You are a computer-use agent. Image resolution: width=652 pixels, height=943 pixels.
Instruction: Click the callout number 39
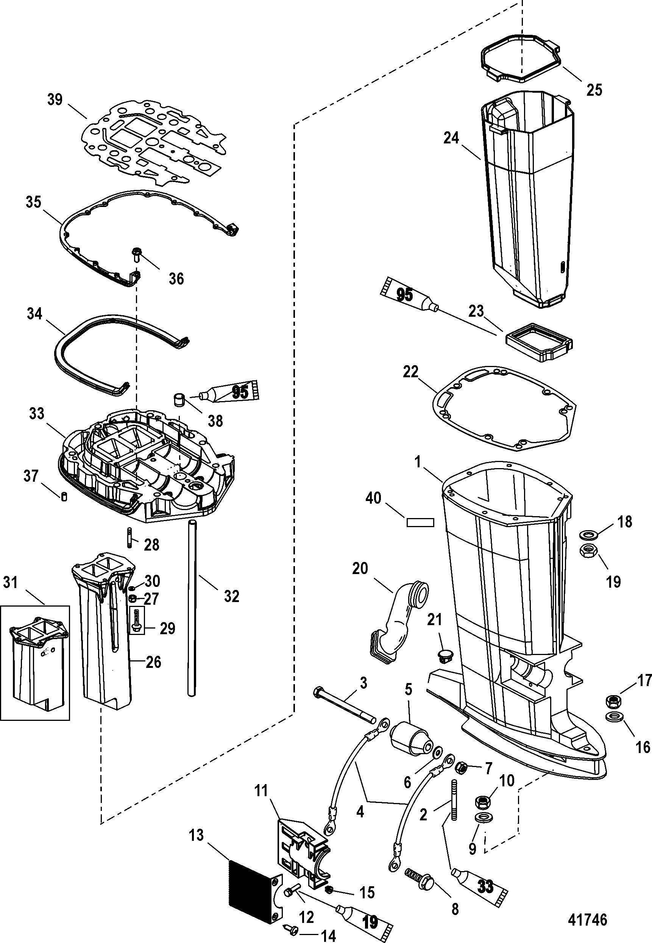[55, 100]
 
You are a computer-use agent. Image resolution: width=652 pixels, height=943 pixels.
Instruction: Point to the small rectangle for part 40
[420, 522]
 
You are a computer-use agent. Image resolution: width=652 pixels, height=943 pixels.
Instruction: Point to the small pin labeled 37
[64, 497]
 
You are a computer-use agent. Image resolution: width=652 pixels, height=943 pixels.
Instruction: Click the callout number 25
[594, 90]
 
